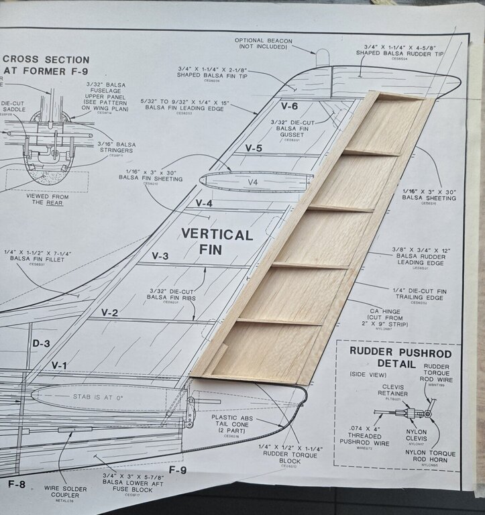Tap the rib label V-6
click(289, 105)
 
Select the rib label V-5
click(254, 148)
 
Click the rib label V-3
click(160, 255)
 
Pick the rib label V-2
click(109, 312)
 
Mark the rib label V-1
click(60, 365)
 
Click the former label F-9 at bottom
click(177, 470)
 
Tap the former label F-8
click(16, 483)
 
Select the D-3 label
click(41, 343)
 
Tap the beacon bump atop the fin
click(323, 58)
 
